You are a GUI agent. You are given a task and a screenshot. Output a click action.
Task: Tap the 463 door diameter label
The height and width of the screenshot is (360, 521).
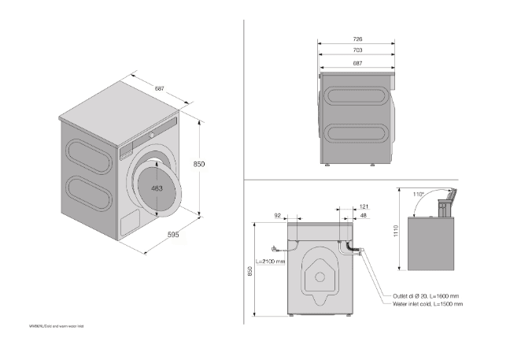(157, 188)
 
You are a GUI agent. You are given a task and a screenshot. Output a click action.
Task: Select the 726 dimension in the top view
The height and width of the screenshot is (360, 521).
(357, 39)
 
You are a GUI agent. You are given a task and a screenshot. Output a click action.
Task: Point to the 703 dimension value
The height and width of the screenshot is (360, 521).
(357, 50)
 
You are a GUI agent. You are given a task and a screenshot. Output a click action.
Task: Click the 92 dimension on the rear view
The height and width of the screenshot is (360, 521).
(278, 215)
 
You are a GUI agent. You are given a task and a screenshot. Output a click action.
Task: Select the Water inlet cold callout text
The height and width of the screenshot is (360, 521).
(428, 304)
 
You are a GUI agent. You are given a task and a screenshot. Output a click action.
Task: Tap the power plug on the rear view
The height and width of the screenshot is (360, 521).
(272, 245)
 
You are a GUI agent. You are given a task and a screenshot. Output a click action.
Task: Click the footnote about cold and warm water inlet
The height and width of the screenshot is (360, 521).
(56, 325)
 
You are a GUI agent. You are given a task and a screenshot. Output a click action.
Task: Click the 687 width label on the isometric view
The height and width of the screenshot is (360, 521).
(160, 88)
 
